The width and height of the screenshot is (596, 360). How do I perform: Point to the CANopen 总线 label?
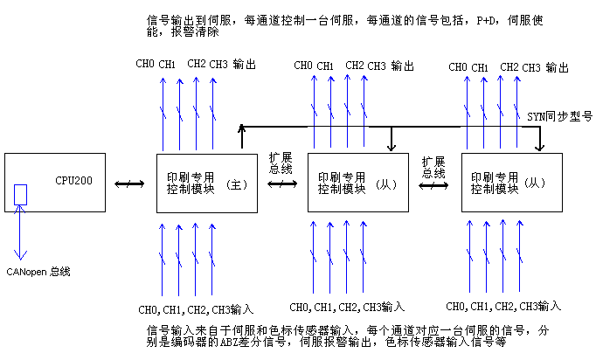pyautogui.click(x=38, y=272)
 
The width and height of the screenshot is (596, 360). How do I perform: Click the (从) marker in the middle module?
pyautogui.click(x=385, y=184)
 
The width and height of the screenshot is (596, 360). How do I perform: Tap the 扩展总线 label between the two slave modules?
pyautogui.click(x=434, y=167)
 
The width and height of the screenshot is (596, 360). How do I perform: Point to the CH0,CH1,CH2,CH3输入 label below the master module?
pyautogui.click(x=196, y=309)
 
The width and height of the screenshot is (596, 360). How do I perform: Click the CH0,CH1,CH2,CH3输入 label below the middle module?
pyautogui.click(x=347, y=306)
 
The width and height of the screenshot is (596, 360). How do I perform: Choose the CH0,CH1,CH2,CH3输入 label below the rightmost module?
pyautogui.click(x=502, y=306)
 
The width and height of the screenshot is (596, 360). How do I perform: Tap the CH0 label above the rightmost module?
pyautogui.click(x=457, y=67)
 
